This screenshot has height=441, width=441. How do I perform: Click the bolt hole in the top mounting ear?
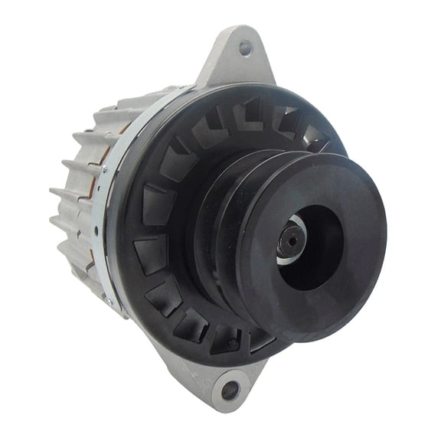click(x=245, y=47)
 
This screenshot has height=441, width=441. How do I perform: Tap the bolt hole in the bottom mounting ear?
click(x=230, y=391)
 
